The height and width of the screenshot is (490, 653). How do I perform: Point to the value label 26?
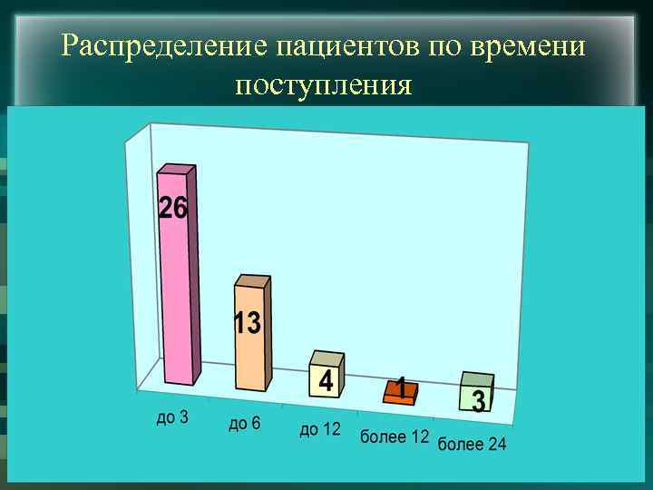[173, 209]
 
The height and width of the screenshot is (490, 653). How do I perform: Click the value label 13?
[248, 323]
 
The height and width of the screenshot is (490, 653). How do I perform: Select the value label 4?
[323, 381]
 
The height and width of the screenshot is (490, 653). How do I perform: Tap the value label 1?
[399, 388]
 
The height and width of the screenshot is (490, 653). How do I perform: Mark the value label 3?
[478, 400]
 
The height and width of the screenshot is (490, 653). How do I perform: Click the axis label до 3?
[172, 417]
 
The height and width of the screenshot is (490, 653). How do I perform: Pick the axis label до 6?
[244, 424]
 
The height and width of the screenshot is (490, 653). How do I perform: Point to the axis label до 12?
[320, 429]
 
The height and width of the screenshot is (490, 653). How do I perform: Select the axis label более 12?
[395, 436]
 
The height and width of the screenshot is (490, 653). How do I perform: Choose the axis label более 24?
[473, 444]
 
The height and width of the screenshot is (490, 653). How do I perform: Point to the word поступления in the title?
[324, 85]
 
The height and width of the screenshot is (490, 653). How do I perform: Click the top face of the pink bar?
[178, 169]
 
